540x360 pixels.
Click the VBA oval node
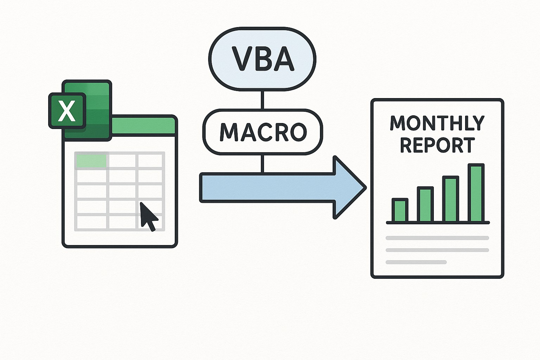(x=262, y=59)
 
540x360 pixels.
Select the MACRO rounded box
(x=262, y=132)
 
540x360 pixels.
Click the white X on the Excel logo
(x=66, y=110)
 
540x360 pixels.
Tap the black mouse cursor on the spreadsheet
(x=148, y=215)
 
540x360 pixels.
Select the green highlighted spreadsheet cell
(x=91, y=160)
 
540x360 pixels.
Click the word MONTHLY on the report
(x=437, y=123)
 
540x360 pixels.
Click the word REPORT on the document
(x=437, y=145)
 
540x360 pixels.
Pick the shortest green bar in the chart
(x=400, y=211)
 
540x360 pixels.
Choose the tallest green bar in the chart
(x=476, y=193)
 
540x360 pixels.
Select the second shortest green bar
(x=425, y=205)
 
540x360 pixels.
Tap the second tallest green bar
(x=451, y=199)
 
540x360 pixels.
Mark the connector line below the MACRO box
(x=262, y=163)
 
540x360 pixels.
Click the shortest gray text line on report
(x=416, y=262)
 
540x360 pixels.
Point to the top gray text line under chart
(x=437, y=238)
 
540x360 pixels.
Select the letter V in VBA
(x=241, y=59)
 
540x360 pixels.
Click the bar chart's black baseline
(x=438, y=223)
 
